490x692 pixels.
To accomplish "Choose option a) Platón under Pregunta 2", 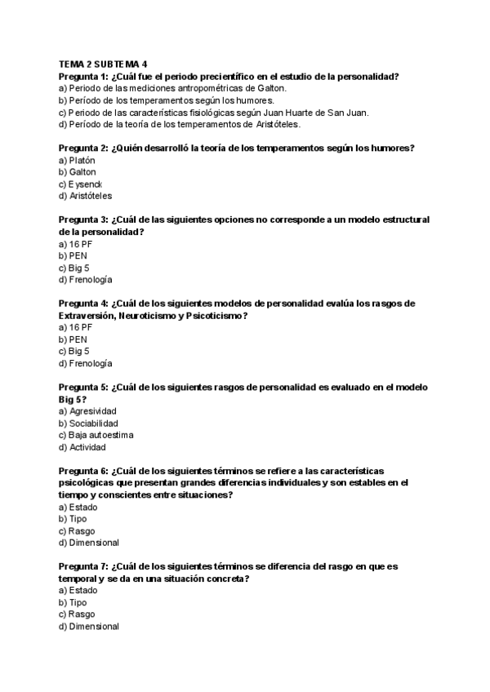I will (78, 161).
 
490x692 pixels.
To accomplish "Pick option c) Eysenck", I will (80, 184).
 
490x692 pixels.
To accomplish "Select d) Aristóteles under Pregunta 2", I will (86, 197).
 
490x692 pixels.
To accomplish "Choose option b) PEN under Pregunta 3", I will (73, 256).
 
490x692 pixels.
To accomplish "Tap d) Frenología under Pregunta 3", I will (86, 280).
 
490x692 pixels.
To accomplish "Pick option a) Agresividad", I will (87, 411).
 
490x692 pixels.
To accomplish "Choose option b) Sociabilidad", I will (88, 424).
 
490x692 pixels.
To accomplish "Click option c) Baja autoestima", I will (96, 435).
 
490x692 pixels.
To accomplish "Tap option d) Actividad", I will (82, 447).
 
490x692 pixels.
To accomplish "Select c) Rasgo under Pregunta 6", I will (77, 530).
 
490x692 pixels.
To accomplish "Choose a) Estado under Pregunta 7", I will (78, 590).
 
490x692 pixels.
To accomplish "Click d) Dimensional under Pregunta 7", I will (89, 626).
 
